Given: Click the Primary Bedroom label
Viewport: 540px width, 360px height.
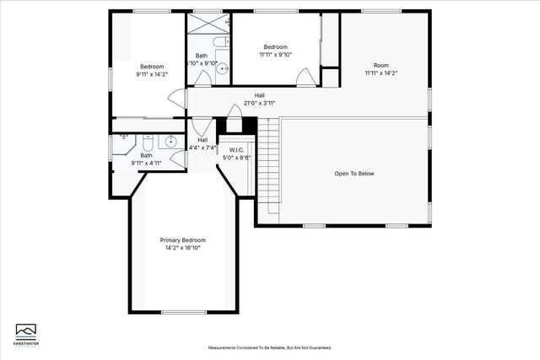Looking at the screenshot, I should [x=182, y=240].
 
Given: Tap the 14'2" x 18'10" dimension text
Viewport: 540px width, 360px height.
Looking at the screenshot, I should [x=182, y=248].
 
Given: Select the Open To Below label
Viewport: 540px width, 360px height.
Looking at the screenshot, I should [x=354, y=174].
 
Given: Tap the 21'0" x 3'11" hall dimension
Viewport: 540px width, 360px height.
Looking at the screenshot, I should [x=259, y=104].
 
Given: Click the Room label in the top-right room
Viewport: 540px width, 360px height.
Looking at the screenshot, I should [x=381, y=66].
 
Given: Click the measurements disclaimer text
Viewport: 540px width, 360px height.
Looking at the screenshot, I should [x=270, y=347].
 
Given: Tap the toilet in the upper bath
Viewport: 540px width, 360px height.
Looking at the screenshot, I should [x=219, y=42].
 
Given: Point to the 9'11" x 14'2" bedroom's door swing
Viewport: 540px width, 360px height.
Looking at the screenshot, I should [x=178, y=99].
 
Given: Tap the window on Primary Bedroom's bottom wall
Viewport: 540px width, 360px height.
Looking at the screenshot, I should [x=184, y=313].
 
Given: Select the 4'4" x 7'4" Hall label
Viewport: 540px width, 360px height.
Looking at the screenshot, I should [x=202, y=140].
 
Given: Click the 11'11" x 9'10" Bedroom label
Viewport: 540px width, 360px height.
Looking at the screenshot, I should [x=275, y=47].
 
